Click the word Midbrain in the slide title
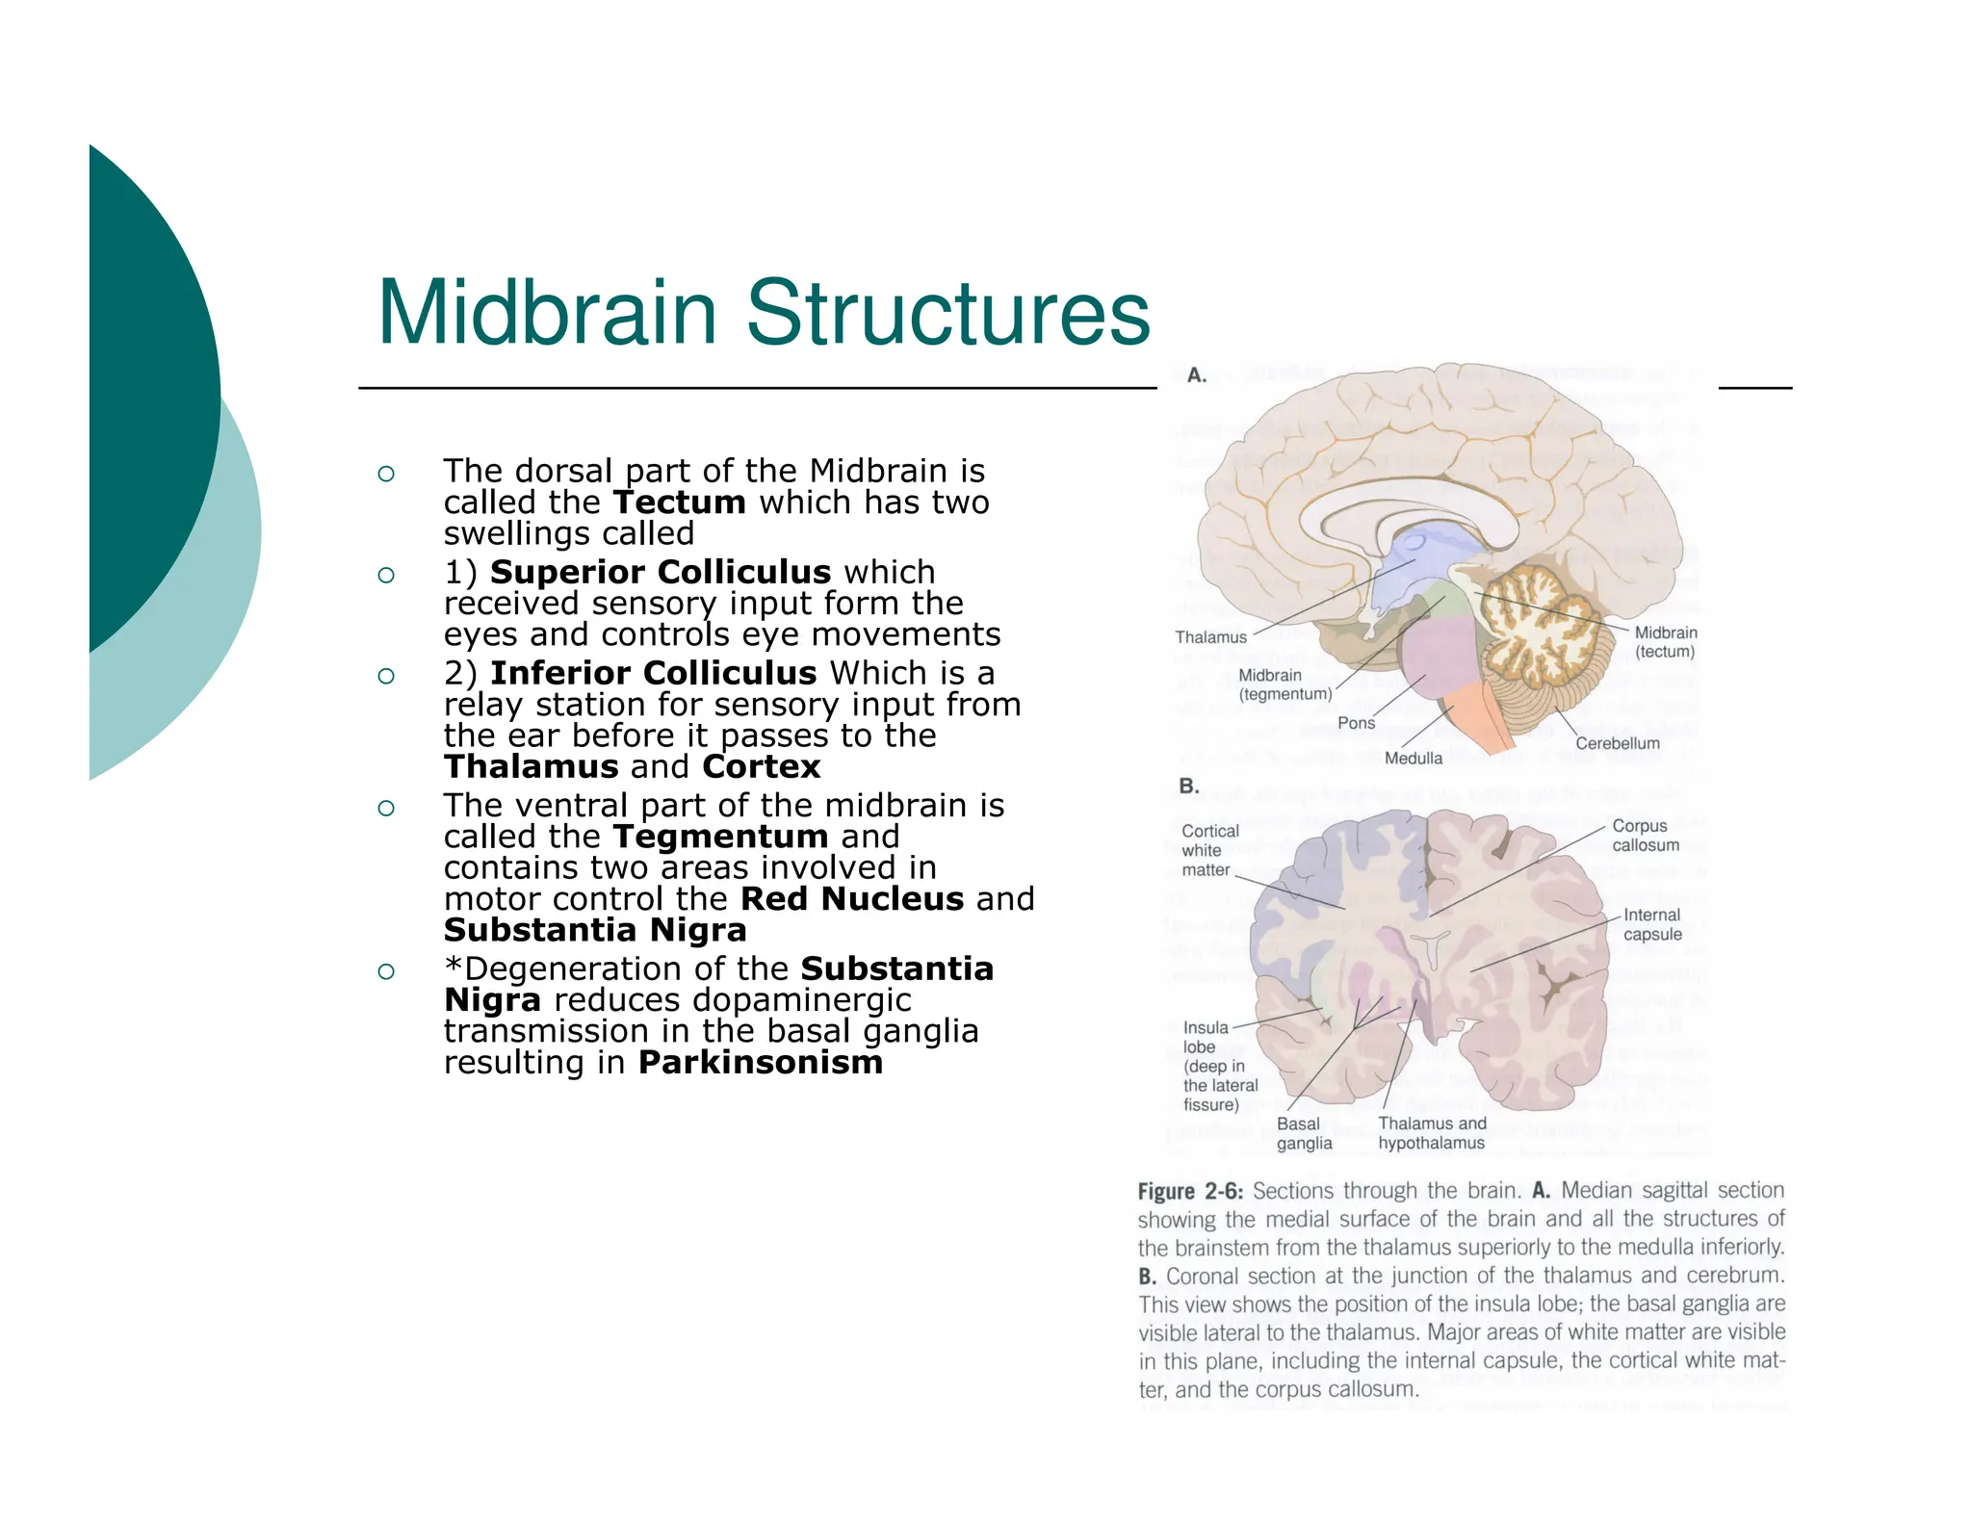coord(547,313)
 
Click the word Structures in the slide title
coord(947,313)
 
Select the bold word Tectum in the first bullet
coord(679,503)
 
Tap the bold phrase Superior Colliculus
coord(660,572)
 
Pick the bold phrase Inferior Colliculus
coord(653,673)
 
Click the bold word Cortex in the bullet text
coord(761,767)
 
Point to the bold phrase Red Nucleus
coord(851,899)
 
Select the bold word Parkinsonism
coord(760,1063)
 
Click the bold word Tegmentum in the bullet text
coord(720,837)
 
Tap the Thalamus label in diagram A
coord(1210,637)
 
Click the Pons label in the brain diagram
coord(1356,723)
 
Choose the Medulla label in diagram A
coord(1413,759)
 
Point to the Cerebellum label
coord(1617,743)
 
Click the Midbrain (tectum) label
coord(1665,642)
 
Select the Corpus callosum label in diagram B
coord(1645,836)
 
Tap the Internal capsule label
coord(1651,924)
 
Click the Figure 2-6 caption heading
coord(1190,1192)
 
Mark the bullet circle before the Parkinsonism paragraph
coord(386,970)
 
